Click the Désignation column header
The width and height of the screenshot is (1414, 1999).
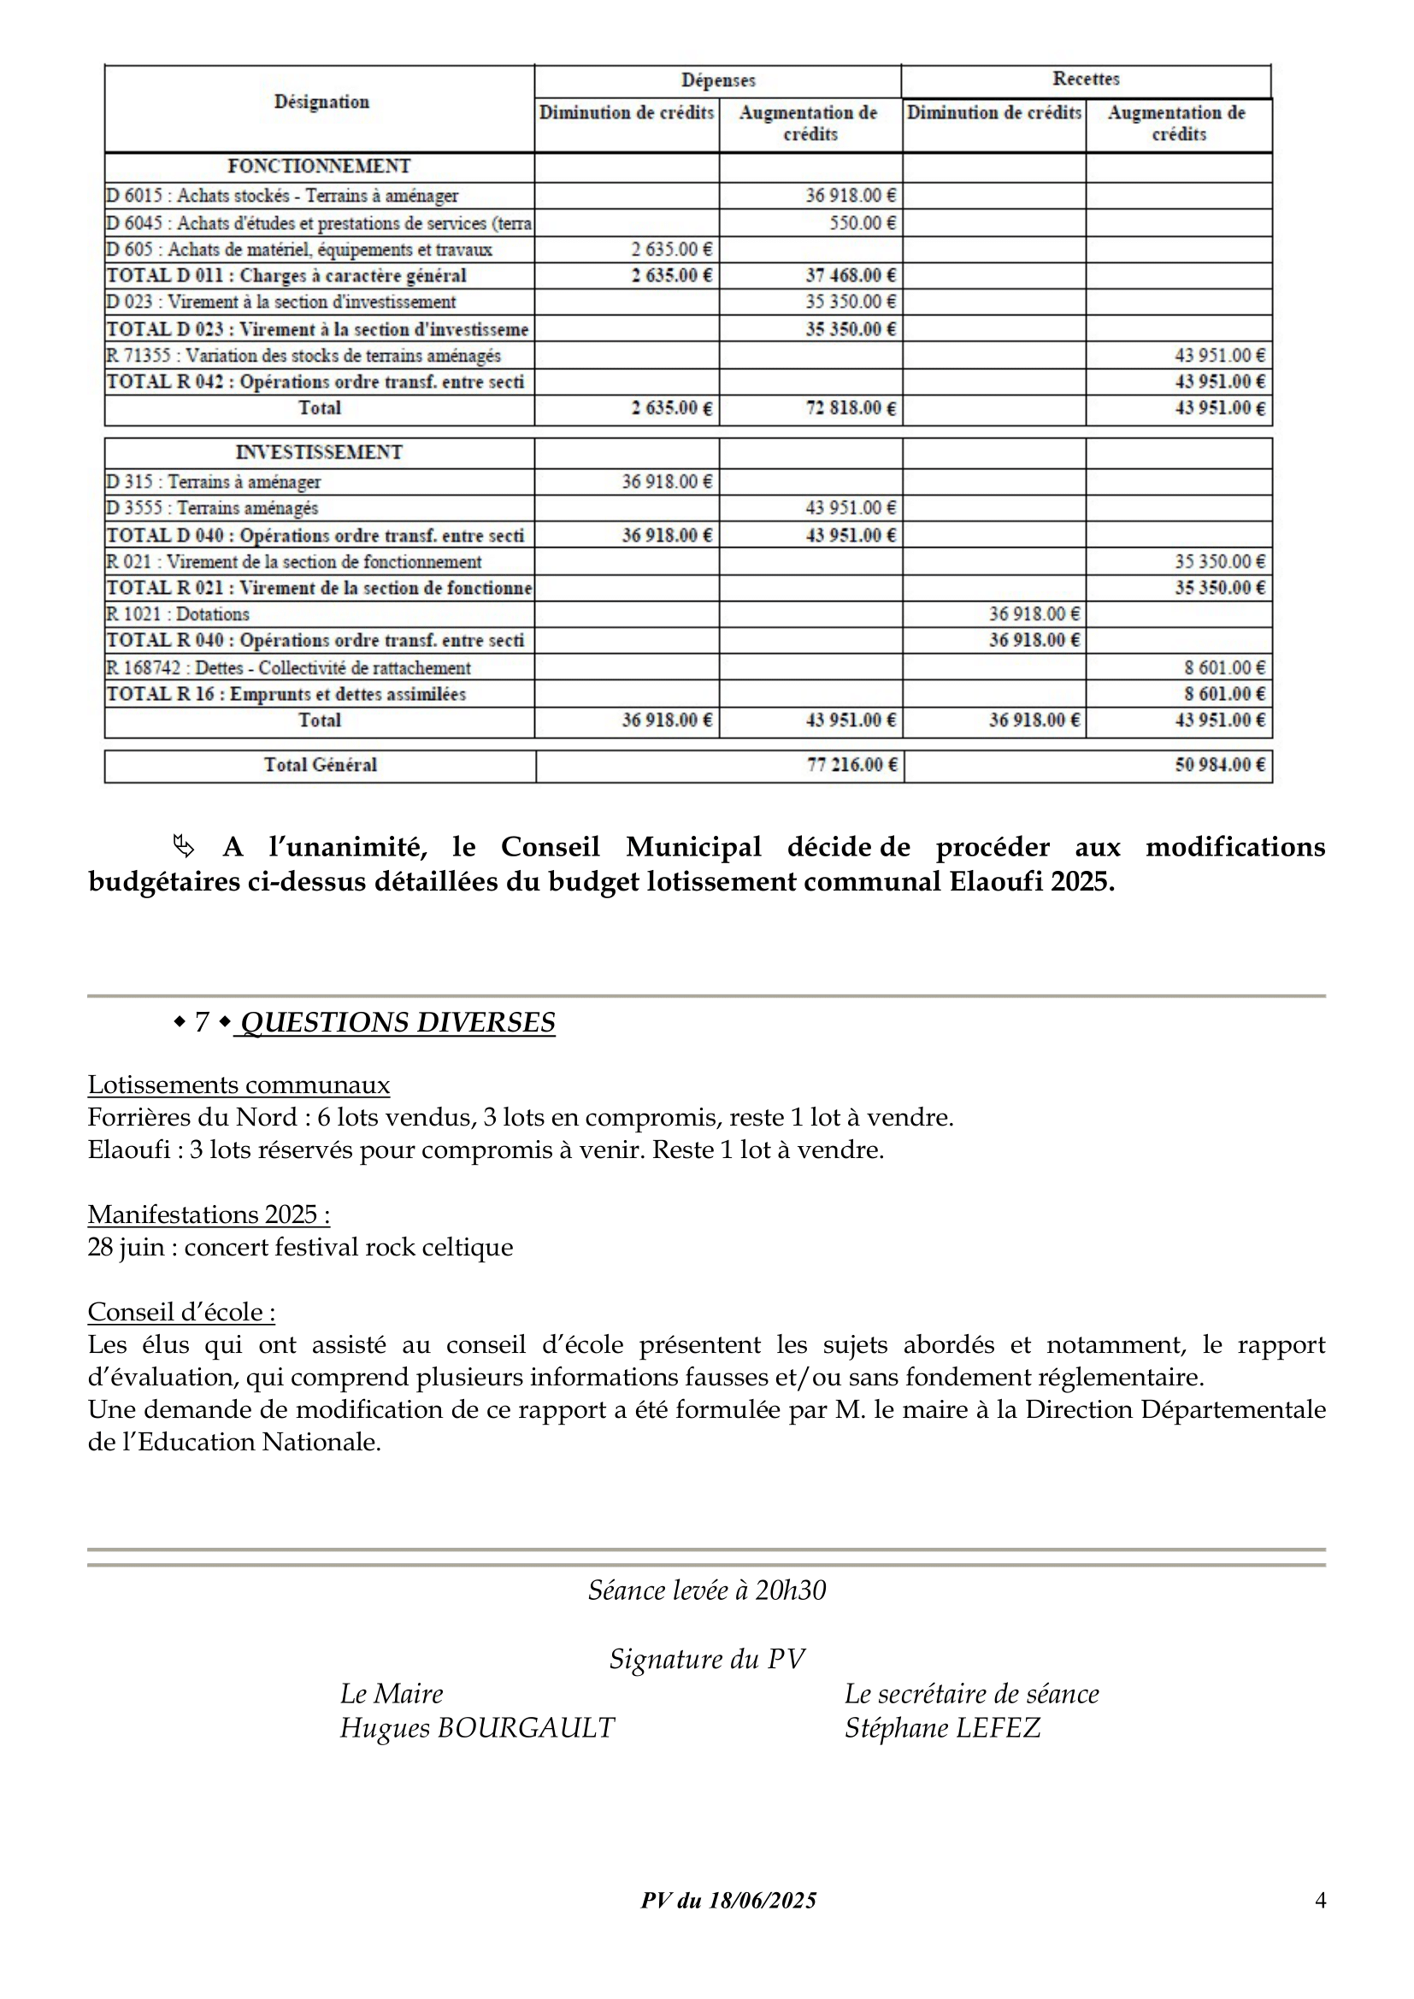(321, 102)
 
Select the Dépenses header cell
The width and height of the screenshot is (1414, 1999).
(717, 81)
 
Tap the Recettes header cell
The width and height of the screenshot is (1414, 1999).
(1086, 79)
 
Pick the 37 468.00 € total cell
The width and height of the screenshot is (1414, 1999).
(850, 276)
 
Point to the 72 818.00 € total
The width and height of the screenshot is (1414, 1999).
(850, 409)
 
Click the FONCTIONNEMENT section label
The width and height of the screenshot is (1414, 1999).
(319, 167)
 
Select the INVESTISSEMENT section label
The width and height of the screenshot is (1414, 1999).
(319, 453)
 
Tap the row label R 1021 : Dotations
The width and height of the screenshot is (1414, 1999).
(178, 614)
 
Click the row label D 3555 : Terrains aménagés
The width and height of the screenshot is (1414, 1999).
(213, 509)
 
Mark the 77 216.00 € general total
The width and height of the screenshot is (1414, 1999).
(851, 765)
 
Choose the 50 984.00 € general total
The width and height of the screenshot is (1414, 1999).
(1219, 765)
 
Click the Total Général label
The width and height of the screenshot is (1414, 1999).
(321, 765)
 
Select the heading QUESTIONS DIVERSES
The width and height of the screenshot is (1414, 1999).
(397, 1022)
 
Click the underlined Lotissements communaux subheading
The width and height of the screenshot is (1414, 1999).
(239, 1085)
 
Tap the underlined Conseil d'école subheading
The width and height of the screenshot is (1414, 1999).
(181, 1312)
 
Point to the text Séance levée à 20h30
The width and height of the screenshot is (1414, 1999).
(706, 1590)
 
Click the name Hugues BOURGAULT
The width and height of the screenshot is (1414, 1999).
(477, 1727)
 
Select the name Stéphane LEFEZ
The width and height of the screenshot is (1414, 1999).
(942, 1727)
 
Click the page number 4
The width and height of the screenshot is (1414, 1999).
(1320, 1901)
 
